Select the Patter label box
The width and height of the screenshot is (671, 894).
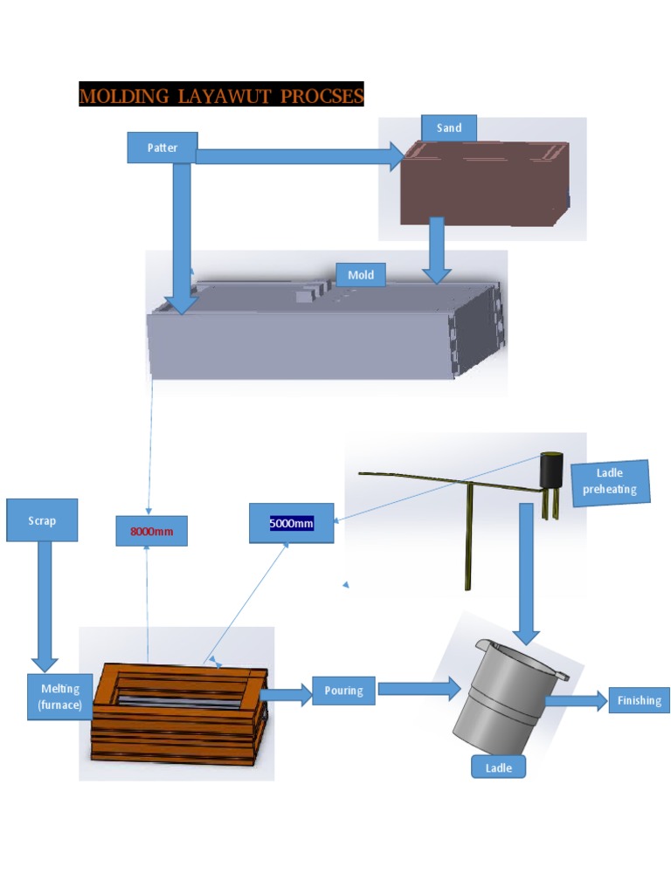click(x=163, y=148)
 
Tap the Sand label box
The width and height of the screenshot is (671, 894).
click(x=449, y=128)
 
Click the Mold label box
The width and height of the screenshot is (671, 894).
click(x=361, y=275)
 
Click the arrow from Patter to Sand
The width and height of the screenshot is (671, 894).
click(x=297, y=156)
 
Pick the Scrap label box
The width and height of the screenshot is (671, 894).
click(x=42, y=520)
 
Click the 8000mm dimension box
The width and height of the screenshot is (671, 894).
click(x=151, y=531)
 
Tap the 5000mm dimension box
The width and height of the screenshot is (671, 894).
click(x=291, y=523)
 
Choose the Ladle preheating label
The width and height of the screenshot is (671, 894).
click(x=610, y=482)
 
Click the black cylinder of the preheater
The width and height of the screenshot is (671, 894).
click(x=550, y=471)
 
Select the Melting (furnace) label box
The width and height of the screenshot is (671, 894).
click(x=60, y=696)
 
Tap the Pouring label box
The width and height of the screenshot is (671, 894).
click(x=343, y=691)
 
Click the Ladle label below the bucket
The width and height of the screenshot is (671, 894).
click(x=498, y=768)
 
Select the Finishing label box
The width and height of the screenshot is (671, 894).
click(x=639, y=700)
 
